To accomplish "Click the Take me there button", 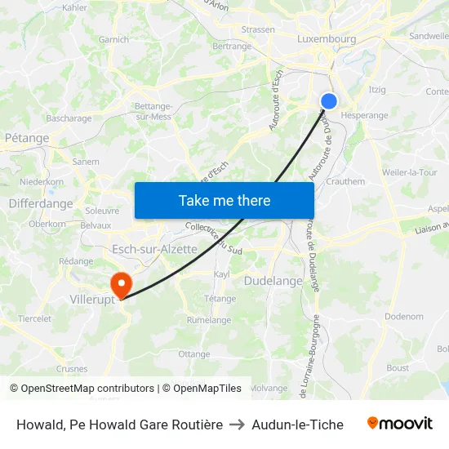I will tap(224, 200).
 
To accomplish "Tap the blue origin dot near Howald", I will tap(329, 101).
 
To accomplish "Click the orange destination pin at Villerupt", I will tap(122, 285).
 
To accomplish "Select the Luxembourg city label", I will tap(327, 38).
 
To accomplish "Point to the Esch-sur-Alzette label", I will tap(154, 249).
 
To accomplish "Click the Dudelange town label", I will tap(273, 281).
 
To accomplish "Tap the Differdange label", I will tap(41, 203).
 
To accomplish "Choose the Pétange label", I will tap(27, 138).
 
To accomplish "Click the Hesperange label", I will tap(364, 115).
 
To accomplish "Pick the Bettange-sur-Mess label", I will tap(153, 111).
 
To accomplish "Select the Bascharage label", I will tap(69, 118).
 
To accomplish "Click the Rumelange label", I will tap(208, 320).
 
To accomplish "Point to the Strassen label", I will tap(258, 30).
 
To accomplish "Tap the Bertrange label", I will tap(232, 47).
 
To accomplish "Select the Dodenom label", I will tap(404, 316).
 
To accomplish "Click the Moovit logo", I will tap(400, 424).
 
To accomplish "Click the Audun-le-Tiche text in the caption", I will tap(297, 425).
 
